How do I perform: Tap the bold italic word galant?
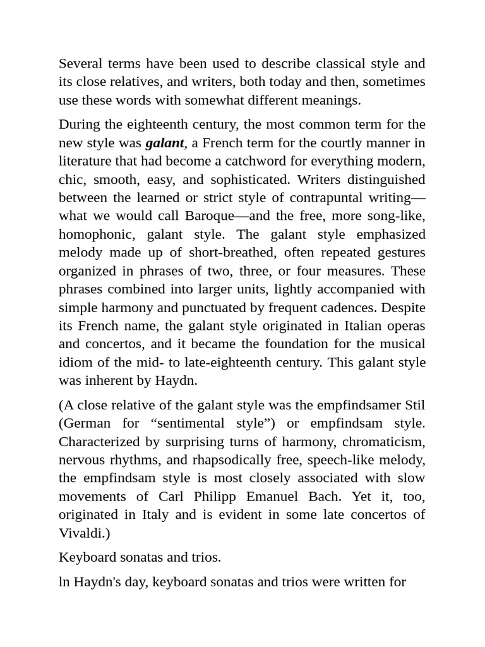(x=164, y=143)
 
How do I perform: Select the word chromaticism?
(x=383, y=442)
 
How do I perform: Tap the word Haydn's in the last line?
(x=99, y=582)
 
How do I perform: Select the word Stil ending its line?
(x=414, y=405)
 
